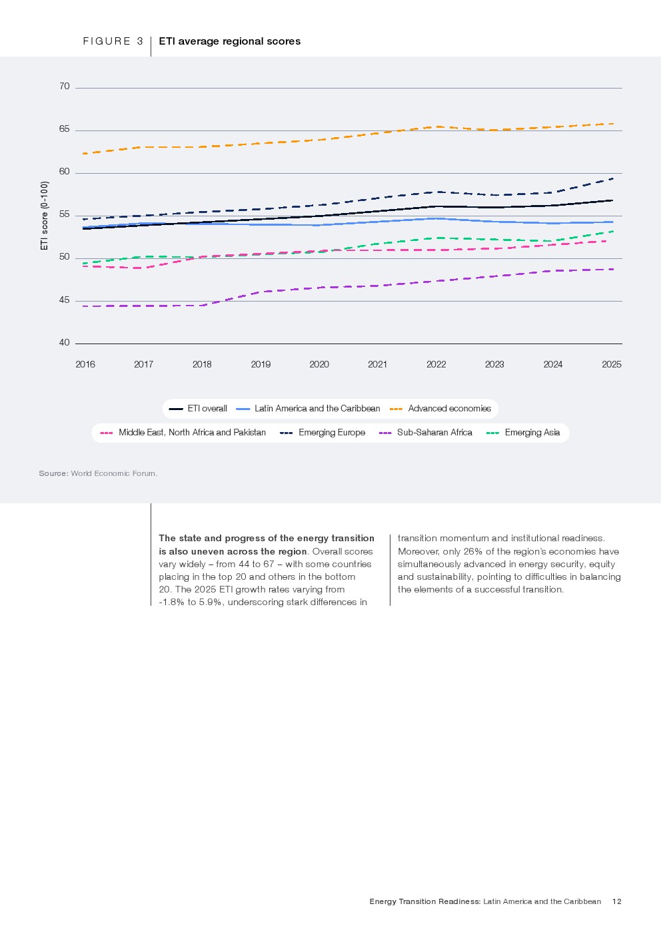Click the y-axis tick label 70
[x=65, y=87]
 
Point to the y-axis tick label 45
[x=65, y=300]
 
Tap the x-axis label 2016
[x=85, y=364]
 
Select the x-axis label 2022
[x=436, y=364]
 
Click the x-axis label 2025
[x=612, y=364]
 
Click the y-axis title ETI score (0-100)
[x=45, y=216]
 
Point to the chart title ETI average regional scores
[x=229, y=41]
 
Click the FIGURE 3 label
[x=113, y=41]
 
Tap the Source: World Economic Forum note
[x=98, y=473]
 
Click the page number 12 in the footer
[x=616, y=901]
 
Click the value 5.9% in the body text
[x=210, y=602]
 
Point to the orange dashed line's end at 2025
[x=612, y=124]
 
